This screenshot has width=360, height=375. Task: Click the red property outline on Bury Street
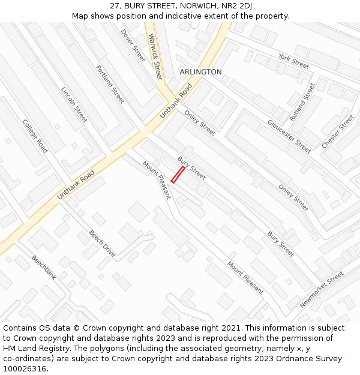[x=178, y=174]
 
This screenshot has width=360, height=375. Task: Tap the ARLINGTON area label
[x=200, y=72]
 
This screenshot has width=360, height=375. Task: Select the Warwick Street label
[x=155, y=56]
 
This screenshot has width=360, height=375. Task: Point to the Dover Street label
[x=133, y=46]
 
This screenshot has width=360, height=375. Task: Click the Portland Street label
[x=110, y=84]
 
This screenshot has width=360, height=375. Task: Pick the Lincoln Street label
[x=74, y=104]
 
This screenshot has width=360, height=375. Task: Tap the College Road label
[x=35, y=136]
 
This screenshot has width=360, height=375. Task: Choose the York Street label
[x=293, y=61]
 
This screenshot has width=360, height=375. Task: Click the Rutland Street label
[x=302, y=102]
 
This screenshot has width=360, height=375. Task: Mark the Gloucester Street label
[x=289, y=136]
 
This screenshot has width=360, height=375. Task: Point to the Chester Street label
[x=338, y=131]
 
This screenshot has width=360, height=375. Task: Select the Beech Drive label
[x=102, y=244]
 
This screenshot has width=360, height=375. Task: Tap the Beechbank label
[x=44, y=268]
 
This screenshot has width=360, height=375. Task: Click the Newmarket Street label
[x=322, y=289]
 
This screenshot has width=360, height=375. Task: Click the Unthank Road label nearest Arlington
[x=176, y=101]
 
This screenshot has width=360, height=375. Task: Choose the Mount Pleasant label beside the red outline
[x=157, y=180]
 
